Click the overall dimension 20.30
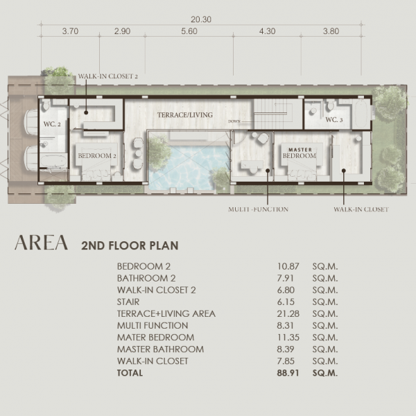pyautogui.click(x=201, y=19)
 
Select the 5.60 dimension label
pyautogui.click(x=189, y=31)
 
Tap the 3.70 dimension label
pyautogui.click(x=70, y=31)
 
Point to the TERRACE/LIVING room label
pyautogui.click(x=185, y=115)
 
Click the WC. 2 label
pyautogui.click(x=52, y=124)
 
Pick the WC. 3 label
pyautogui.click(x=334, y=120)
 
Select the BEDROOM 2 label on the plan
pyautogui.click(x=97, y=156)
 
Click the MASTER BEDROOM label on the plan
pyautogui.click(x=300, y=153)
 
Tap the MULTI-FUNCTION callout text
pyautogui.click(x=258, y=209)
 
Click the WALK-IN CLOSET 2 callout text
pyautogui.click(x=107, y=76)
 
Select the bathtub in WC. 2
pyautogui.click(x=53, y=161)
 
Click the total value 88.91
pyautogui.click(x=288, y=373)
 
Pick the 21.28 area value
pyautogui.click(x=288, y=314)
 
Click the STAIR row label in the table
pyautogui.click(x=128, y=302)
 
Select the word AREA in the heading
pyautogui.click(x=41, y=243)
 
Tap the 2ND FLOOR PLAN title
pyautogui.click(x=130, y=245)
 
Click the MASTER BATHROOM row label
pyautogui.click(x=161, y=349)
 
